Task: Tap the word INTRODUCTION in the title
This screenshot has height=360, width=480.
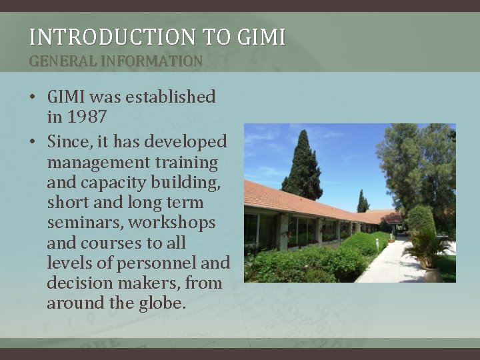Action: click(113, 37)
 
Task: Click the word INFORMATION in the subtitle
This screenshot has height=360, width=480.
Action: click(151, 61)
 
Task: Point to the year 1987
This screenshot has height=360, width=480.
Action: click(87, 116)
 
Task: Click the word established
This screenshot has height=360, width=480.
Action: click(171, 97)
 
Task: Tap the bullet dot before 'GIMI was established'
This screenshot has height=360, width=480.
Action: click(32, 97)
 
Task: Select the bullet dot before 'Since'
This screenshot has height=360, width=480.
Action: click(32, 142)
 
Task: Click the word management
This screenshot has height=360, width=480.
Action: click(98, 163)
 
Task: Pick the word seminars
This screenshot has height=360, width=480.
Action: click(85, 223)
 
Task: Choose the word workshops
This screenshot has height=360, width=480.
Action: click(172, 223)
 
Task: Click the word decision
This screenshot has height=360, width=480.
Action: click(80, 283)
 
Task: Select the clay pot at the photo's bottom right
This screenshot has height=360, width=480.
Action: click(433, 275)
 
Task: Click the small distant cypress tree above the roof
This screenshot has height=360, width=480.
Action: click(363, 201)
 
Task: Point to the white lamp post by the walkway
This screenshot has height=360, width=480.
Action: click(377, 244)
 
